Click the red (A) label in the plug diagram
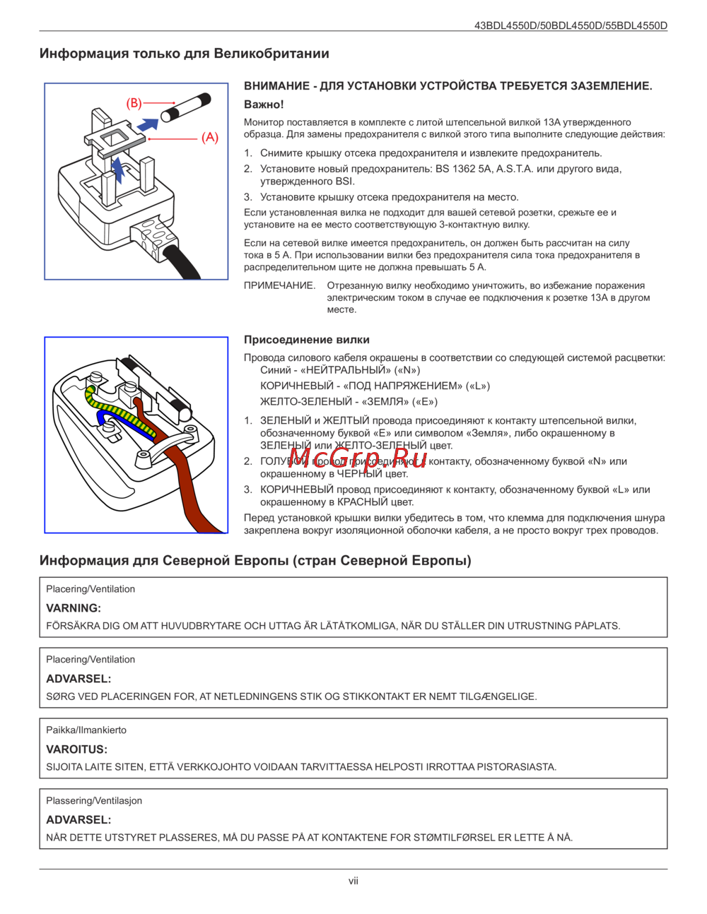[210, 137]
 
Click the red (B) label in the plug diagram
[134, 103]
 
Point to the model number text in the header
[571, 25]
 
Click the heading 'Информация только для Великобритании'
[184, 54]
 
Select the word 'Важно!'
[264, 105]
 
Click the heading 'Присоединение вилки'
[306, 340]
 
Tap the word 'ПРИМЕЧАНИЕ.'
[279, 285]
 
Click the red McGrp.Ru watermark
[357, 458]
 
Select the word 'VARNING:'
[74, 608]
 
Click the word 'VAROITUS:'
[76, 749]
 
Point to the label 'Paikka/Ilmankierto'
[86, 730]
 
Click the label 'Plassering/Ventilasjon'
[94, 800]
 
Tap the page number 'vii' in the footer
[353, 881]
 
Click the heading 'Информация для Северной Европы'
[255, 561]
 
